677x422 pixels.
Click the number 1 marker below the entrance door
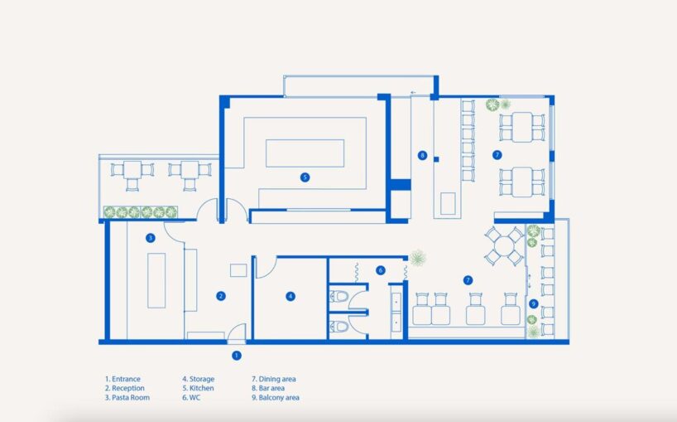pyautogui.click(x=236, y=356)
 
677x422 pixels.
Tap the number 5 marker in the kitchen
pyautogui.click(x=305, y=177)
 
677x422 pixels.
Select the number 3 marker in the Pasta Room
pyautogui.click(x=151, y=238)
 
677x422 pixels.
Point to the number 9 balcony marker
pyautogui.click(x=533, y=304)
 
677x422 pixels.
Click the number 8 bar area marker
pyautogui.click(x=422, y=155)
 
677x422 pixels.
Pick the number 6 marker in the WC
pyautogui.click(x=381, y=270)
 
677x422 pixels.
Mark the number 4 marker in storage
pyautogui.click(x=290, y=296)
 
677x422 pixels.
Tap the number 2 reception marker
pyautogui.click(x=221, y=296)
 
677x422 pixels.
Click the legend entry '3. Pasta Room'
pyautogui.click(x=127, y=397)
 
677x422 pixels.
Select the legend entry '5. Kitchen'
pyautogui.click(x=198, y=388)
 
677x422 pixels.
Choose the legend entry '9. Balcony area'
pyautogui.click(x=276, y=397)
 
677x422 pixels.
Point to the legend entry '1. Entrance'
pyautogui.click(x=122, y=379)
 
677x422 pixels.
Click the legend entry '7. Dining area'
pyautogui.click(x=274, y=379)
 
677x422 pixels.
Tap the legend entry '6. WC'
pyautogui.click(x=191, y=397)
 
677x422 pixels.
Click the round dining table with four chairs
pyautogui.click(x=504, y=246)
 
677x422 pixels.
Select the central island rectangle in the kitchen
pyautogui.click(x=305, y=153)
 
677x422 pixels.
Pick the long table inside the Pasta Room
pyautogui.click(x=156, y=280)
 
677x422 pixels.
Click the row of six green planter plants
pyautogui.click(x=141, y=212)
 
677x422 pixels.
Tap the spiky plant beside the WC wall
pyautogui.click(x=417, y=258)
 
